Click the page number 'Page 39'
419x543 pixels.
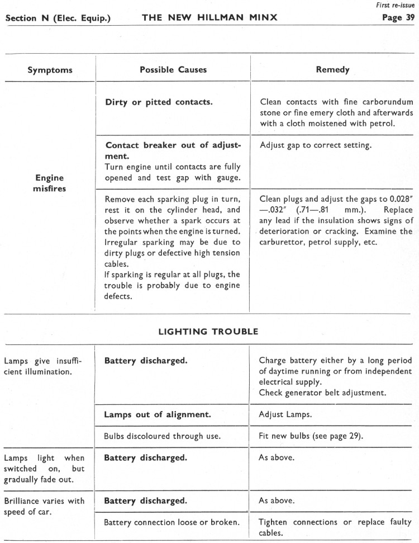point(397,17)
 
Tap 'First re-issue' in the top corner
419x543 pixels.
point(399,5)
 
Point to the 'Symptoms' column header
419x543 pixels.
point(50,70)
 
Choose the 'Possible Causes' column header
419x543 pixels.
point(173,70)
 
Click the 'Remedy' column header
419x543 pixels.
point(333,70)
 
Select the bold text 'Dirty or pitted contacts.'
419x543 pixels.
point(158,102)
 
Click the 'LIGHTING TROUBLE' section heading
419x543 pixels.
point(208,332)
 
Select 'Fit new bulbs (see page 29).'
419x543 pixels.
point(311,436)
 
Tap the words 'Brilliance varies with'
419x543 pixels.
point(44,500)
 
